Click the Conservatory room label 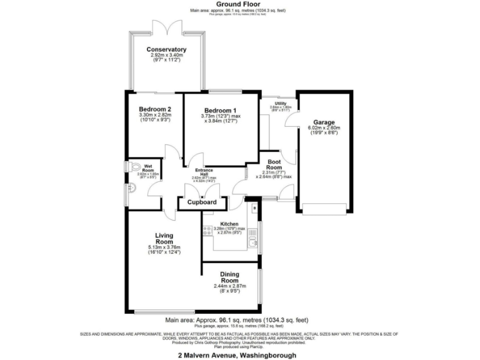[166, 49]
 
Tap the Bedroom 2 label [154, 108]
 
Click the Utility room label [280, 103]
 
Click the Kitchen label [229, 224]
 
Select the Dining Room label [229, 277]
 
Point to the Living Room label [164, 239]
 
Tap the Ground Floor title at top [241, 4]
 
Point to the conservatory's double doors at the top [166, 25]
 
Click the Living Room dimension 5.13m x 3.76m [164, 247]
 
